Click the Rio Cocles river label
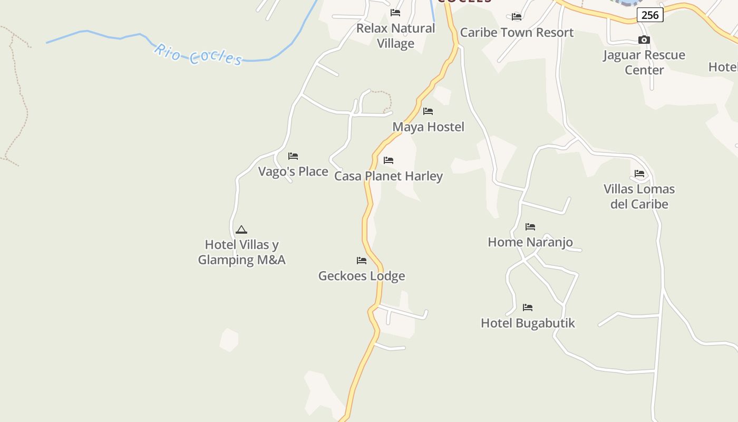tap(198, 54)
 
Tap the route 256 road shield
tap(649, 15)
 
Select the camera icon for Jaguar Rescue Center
tap(644, 40)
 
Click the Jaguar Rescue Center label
tap(644, 62)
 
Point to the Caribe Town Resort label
tap(517, 33)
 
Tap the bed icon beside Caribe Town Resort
tap(517, 17)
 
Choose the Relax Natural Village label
tap(395, 36)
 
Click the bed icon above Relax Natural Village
tap(395, 13)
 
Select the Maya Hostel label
tap(428, 127)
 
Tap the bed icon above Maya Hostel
tap(428, 111)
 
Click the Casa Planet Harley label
tap(389, 176)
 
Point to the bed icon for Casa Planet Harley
tap(389, 160)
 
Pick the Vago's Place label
tap(293, 171)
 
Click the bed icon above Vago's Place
tap(293, 156)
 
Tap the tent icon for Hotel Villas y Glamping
tap(241, 229)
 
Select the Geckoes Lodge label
tap(362, 276)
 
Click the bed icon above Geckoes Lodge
tap(362, 261)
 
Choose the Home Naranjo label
tap(530, 242)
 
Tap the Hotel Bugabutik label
tap(528, 323)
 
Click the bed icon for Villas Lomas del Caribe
tap(639, 174)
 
